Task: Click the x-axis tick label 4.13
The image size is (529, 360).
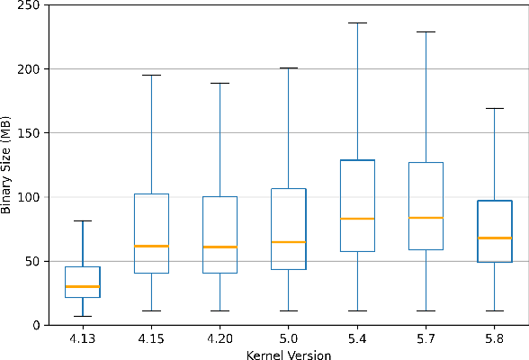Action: click(83, 339)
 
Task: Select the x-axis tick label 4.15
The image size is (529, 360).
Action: click(151, 339)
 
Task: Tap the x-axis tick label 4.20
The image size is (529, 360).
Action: click(220, 339)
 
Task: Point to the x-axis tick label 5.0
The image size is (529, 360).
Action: click(289, 339)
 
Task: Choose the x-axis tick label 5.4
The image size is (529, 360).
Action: click(357, 339)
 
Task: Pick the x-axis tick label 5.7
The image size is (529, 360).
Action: click(426, 339)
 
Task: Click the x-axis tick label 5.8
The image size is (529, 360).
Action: click(494, 339)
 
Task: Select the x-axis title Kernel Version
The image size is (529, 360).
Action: click(289, 355)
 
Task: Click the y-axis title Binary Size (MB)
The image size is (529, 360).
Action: click(8, 165)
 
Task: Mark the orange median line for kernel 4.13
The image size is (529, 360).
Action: click(83, 286)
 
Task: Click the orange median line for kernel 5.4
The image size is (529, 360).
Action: click(357, 219)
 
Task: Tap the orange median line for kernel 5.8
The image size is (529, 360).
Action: click(494, 238)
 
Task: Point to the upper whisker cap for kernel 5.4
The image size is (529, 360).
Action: click(357, 23)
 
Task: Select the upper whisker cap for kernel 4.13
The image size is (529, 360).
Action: click(83, 220)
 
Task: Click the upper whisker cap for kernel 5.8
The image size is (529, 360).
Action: click(494, 108)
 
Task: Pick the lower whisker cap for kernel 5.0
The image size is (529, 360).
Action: click(289, 310)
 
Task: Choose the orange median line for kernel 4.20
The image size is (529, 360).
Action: click(220, 247)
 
